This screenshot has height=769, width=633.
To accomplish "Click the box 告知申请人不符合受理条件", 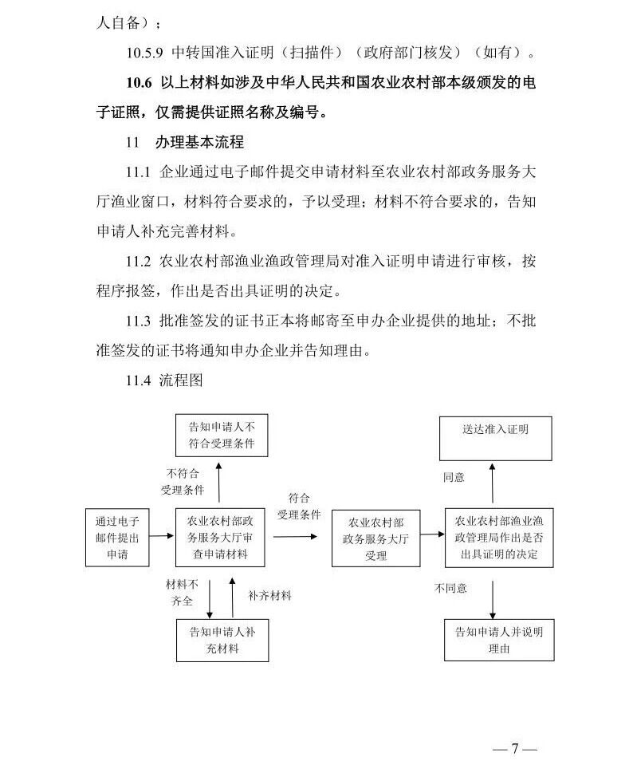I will click(222, 435).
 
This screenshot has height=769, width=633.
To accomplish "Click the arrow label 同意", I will click(454, 478).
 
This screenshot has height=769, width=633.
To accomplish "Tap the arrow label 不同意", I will click(450, 589).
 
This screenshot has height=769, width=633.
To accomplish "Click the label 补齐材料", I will click(269, 595).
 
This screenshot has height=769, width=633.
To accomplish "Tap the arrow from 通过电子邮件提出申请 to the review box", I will click(162, 538).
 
